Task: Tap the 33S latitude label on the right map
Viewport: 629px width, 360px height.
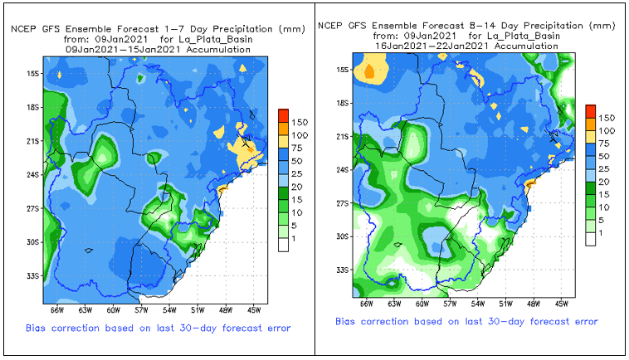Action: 342,270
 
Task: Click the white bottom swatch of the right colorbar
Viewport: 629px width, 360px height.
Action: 590,238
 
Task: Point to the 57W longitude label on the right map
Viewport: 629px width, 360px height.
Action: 449,304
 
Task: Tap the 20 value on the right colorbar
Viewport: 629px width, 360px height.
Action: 607,181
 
